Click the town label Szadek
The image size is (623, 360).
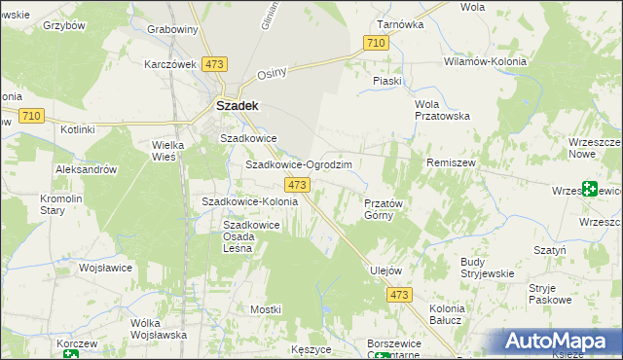(236, 105)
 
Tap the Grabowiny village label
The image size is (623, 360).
(172, 29)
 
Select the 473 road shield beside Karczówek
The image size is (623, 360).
(215, 63)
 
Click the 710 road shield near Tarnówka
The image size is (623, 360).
(377, 43)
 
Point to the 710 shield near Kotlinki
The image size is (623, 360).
(30, 116)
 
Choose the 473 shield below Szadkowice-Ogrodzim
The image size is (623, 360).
(298, 184)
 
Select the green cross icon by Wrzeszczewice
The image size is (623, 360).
(590, 190)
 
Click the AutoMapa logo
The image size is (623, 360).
(561, 342)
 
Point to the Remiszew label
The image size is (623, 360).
(450, 163)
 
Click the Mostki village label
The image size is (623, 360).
(265, 308)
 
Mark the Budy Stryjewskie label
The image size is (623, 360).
(486, 268)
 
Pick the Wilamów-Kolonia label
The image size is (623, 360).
(485, 61)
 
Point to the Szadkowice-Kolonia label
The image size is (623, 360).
(248, 201)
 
